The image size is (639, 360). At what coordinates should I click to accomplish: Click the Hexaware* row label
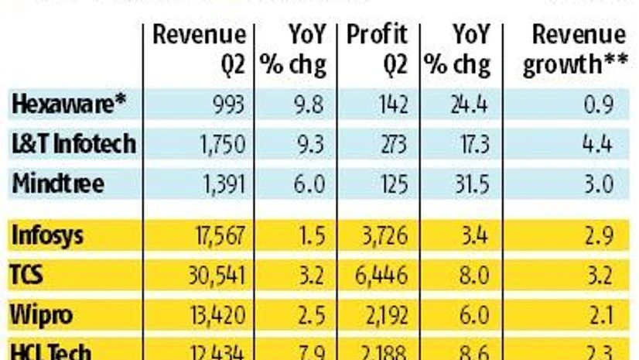coord(70,105)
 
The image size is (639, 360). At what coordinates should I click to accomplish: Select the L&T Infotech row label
coord(74,143)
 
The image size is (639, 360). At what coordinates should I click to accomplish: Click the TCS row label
coord(30,275)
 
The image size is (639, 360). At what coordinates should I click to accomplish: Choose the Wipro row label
coord(43,314)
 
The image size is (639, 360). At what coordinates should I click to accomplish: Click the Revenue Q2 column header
coord(200,49)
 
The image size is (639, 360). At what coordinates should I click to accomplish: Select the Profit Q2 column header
coord(377,49)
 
